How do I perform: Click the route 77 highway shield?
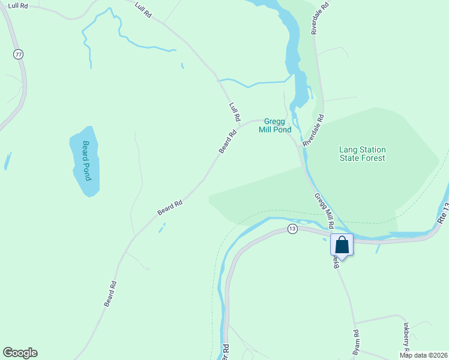(19, 55)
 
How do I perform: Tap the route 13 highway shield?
(292, 229)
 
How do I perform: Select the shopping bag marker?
(342, 245)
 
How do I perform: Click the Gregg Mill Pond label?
(275, 125)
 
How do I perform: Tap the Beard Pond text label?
(86, 160)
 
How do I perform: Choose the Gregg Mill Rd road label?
(324, 211)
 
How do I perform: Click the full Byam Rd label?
(355, 341)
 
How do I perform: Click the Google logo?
(20, 353)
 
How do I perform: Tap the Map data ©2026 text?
(424, 355)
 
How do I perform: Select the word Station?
(371, 149)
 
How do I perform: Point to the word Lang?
(348, 149)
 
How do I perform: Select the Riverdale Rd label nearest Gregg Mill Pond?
(314, 131)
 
